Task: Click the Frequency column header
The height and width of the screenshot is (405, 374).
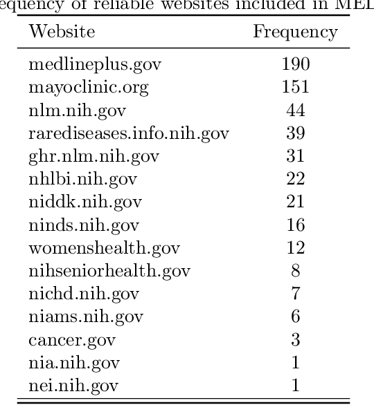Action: (x=296, y=32)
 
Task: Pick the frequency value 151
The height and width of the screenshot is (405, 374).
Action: (x=296, y=88)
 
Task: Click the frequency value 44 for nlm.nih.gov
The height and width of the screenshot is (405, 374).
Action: (x=296, y=111)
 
